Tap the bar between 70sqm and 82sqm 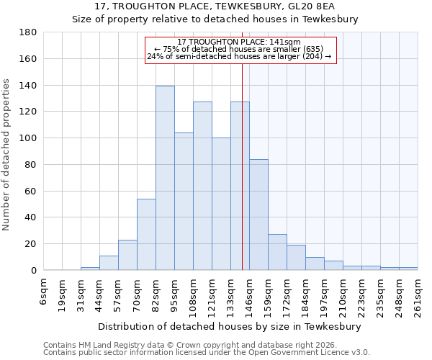click(146, 234)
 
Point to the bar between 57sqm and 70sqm click(127, 255)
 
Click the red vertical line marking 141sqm click(242, 166)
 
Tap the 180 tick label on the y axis click(27, 32)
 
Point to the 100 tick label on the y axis click(27, 138)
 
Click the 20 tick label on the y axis click(30, 244)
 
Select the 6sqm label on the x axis click(44, 290)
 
